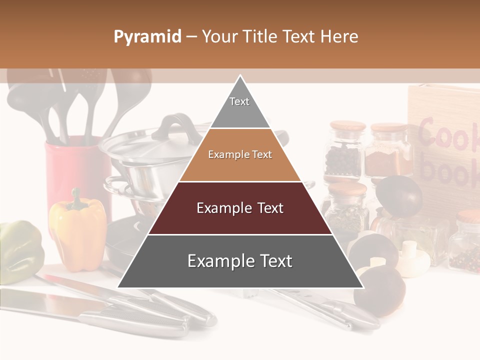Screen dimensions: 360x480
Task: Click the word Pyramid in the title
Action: [x=147, y=37]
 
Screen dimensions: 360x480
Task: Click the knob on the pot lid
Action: [x=172, y=126]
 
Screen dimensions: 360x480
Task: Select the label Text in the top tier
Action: [x=239, y=101]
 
